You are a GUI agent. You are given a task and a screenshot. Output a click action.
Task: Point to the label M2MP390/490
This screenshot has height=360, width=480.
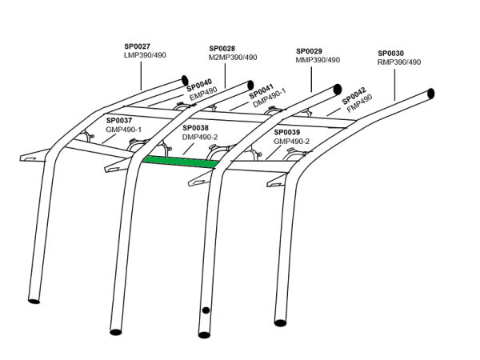pyautogui.click(x=233, y=58)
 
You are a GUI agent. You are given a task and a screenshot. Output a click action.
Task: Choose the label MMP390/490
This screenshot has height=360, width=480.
pyautogui.click(x=318, y=59)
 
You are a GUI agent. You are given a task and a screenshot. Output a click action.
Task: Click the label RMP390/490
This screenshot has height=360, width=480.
pyautogui.click(x=398, y=62)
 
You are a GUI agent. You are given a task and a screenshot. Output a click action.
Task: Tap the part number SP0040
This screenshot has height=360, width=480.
pyautogui.click(x=199, y=83)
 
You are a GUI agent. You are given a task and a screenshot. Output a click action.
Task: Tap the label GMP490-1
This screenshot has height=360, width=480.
pyautogui.click(x=123, y=130)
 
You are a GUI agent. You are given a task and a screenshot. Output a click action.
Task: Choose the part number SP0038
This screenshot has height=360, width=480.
pyautogui.click(x=195, y=127)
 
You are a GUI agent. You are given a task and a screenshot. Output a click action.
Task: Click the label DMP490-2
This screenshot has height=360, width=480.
pyautogui.click(x=201, y=137)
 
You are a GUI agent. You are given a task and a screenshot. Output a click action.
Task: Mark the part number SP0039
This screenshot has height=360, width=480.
pyautogui.click(x=286, y=132)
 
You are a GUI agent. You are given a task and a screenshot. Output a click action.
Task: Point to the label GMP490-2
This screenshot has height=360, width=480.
pyautogui.click(x=291, y=141)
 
